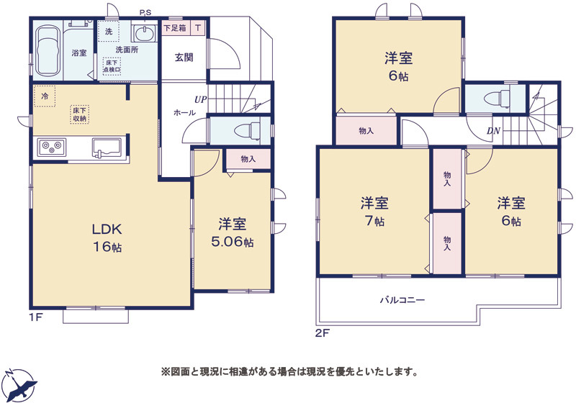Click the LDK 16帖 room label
tap(107, 237)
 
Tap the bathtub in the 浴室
tap(48, 51)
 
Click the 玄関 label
tap(184, 58)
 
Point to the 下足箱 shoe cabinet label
tap(175, 27)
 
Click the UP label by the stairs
tap(201, 99)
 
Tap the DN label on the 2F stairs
tap(493, 130)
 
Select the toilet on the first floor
tap(248, 131)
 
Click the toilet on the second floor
tap(497, 99)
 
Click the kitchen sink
tap(107, 148)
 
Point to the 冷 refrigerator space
tap(45, 96)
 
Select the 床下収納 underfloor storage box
tap(79, 114)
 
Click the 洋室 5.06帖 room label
tap(232, 233)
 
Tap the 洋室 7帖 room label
tap(374, 212)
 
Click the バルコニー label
tap(402, 300)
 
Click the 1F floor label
tap(36, 317)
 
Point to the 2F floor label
tap(323, 333)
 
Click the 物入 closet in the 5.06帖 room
tap(248, 159)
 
